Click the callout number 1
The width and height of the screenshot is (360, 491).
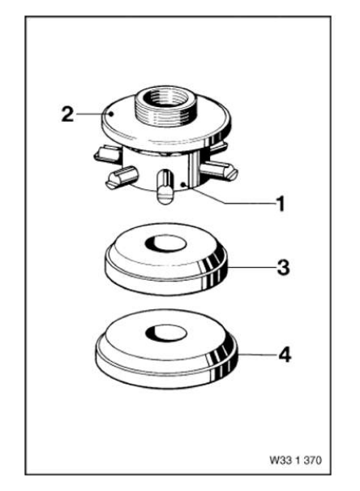pyautogui.click(x=281, y=203)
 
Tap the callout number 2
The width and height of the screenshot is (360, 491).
pyautogui.click(x=67, y=114)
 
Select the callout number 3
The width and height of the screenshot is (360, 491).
pyautogui.click(x=283, y=268)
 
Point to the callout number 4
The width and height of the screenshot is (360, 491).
pyautogui.click(x=285, y=355)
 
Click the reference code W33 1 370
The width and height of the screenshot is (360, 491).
pyautogui.click(x=295, y=460)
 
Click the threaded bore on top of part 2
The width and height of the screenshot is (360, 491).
pyautogui.click(x=166, y=97)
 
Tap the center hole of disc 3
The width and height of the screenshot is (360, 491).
pyautogui.click(x=166, y=243)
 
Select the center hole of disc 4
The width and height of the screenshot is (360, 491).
pyautogui.click(x=166, y=333)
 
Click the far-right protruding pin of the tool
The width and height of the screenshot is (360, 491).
pyautogui.click(x=219, y=170)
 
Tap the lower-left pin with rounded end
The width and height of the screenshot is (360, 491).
pyautogui.click(x=121, y=177)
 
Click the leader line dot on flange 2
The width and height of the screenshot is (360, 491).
pyautogui.click(x=111, y=114)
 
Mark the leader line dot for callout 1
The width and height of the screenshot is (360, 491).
pyautogui.click(x=183, y=184)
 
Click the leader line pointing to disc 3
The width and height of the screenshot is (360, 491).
pyautogui.click(x=251, y=268)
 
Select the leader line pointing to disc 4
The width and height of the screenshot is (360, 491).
pyautogui.click(x=257, y=355)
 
